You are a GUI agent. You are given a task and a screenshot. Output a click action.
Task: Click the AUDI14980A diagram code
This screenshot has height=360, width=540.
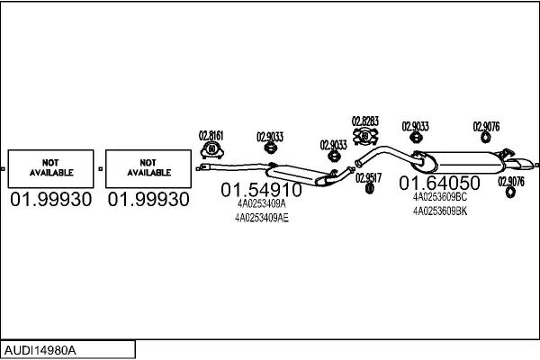pyautogui.click(x=40, y=350)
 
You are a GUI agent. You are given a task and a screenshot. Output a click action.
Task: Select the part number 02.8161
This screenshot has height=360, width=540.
pyautogui.click(x=211, y=136)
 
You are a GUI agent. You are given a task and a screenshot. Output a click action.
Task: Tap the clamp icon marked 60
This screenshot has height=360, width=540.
pyautogui.click(x=211, y=150)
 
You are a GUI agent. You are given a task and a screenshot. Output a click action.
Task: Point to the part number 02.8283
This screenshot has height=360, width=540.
pyautogui.click(x=365, y=121)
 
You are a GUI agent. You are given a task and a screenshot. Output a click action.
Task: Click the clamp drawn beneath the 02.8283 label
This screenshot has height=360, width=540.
pyautogui.click(x=365, y=137)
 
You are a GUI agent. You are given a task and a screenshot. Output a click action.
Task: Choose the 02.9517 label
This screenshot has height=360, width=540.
pyautogui.click(x=368, y=178)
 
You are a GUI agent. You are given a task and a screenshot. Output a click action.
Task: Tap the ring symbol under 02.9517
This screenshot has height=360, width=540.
pyautogui.click(x=370, y=188)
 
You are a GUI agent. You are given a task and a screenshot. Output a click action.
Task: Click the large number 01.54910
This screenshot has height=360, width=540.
pyautogui.click(x=261, y=190)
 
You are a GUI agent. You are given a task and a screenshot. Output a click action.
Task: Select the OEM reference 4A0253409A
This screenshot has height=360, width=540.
pyautogui.click(x=261, y=203)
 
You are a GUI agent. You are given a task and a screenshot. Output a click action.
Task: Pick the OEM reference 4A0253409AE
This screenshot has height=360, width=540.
pyautogui.click(x=262, y=218)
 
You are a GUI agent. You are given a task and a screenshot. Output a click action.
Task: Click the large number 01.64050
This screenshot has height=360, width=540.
pyautogui.click(x=439, y=183)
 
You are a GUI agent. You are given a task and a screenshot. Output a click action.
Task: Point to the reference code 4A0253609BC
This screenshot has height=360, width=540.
pyautogui.click(x=440, y=197)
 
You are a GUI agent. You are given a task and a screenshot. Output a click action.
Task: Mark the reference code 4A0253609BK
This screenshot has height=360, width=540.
pyautogui.click(x=440, y=211)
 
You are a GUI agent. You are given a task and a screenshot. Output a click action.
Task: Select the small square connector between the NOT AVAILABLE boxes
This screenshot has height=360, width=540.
pyautogui.click(x=100, y=169)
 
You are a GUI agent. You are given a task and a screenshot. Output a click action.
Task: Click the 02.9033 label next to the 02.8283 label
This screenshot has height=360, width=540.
pyautogui.click(x=415, y=126)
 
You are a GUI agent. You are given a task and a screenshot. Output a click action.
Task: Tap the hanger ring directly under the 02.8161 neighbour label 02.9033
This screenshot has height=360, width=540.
pyautogui.click(x=271, y=148)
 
